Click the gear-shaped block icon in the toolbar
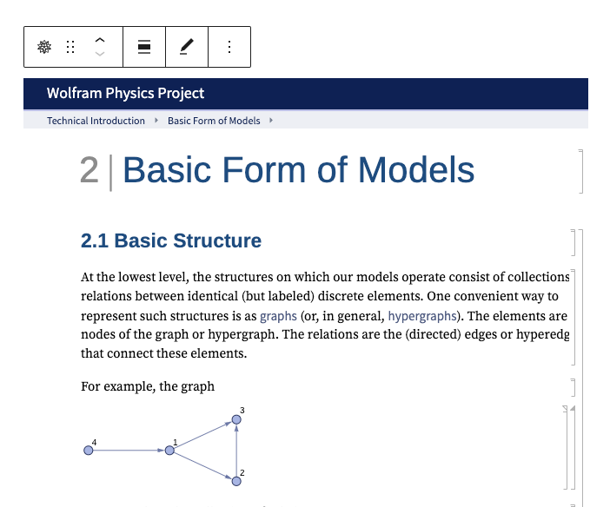tap(44, 47)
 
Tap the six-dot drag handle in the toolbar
tap(71, 47)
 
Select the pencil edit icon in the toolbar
tap(187, 47)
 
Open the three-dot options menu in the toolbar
tap(229, 47)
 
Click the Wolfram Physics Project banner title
tap(126, 93)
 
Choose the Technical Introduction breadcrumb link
tap(96, 121)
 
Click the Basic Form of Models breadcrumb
tap(214, 121)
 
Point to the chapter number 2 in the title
tap(89, 170)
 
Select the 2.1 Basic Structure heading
tap(171, 240)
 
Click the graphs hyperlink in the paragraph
tap(278, 316)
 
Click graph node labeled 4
tap(88, 450)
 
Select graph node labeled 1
tap(169, 450)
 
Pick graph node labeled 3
tap(236, 419)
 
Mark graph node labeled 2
tap(236, 480)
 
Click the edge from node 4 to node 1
tap(129, 450)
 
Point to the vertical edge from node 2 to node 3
tap(236, 450)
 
